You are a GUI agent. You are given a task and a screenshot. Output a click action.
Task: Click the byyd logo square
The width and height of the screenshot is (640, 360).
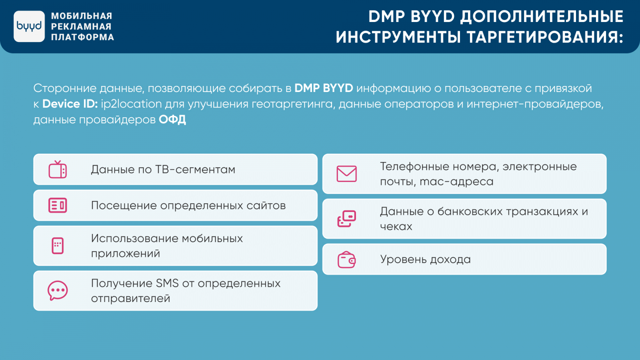pyautogui.click(x=29, y=26)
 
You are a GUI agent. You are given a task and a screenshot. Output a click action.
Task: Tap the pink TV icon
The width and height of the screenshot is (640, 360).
pyautogui.click(x=58, y=170)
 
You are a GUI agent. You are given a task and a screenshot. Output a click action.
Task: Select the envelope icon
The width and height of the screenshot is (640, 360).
pyautogui.click(x=346, y=174)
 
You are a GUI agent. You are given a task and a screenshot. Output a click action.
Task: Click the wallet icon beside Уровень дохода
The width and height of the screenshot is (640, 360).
pyautogui.click(x=346, y=260)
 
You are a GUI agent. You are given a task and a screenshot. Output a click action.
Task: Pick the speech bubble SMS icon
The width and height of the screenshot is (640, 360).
pyautogui.click(x=58, y=290)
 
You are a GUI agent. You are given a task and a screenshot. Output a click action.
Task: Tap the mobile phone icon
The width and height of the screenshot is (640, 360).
pyautogui.click(x=58, y=246)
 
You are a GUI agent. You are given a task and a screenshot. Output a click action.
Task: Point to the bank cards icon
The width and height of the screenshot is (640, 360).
pyautogui.click(x=346, y=219)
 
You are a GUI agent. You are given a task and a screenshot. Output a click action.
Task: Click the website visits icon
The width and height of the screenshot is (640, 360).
pyautogui.click(x=58, y=206)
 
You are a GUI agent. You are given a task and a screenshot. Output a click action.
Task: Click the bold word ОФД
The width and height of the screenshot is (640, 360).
pyautogui.click(x=172, y=120)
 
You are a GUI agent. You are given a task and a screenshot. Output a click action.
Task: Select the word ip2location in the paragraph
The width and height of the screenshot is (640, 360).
pyautogui.click(x=132, y=104)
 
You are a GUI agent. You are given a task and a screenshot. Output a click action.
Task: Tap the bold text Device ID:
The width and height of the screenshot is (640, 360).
pyautogui.click(x=70, y=104)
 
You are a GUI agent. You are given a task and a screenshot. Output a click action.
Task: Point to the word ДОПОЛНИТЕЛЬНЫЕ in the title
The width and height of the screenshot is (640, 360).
pyautogui.click(x=542, y=16)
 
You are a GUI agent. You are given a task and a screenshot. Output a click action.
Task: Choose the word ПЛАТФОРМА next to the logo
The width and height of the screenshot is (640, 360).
pyautogui.click(x=82, y=37)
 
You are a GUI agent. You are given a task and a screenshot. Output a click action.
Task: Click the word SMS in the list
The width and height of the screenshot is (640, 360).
pyautogui.click(x=167, y=284)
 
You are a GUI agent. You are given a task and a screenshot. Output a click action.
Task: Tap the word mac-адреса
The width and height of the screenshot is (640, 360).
pyautogui.click(x=456, y=182)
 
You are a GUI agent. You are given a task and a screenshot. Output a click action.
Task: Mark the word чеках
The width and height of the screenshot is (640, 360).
pyautogui.click(x=396, y=226)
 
